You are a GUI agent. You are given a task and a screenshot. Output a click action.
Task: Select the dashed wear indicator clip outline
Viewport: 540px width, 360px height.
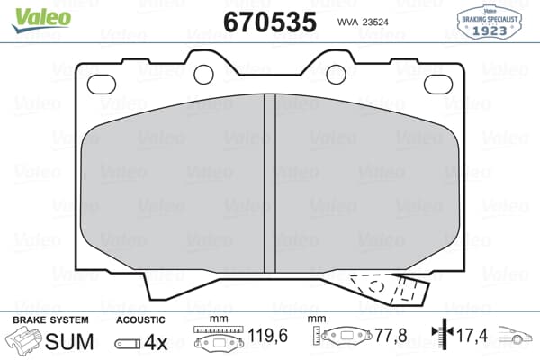[x=389, y=289]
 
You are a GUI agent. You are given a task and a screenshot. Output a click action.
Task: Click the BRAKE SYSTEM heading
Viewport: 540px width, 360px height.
[x=49, y=320]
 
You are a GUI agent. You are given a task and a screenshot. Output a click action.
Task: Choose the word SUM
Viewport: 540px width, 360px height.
[x=69, y=342]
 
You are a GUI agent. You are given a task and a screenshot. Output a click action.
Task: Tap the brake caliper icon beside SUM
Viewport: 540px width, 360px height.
[x=24, y=342]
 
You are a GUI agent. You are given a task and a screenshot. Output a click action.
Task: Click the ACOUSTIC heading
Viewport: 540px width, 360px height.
[x=140, y=320]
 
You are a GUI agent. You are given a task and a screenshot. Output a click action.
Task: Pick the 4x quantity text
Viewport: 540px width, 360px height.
[x=157, y=342]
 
